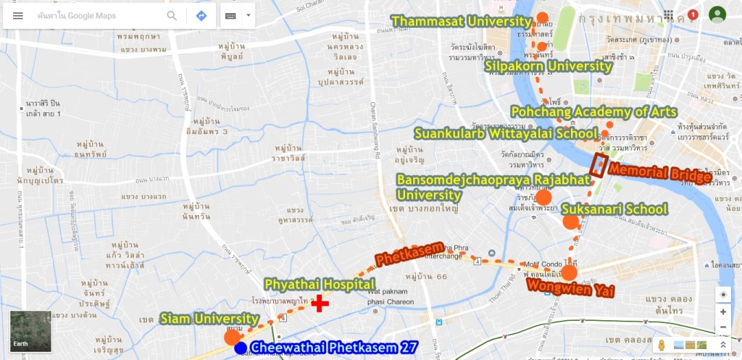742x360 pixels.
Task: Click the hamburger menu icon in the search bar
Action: (x=18, y=16)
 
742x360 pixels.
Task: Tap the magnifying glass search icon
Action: (x=172, y=16)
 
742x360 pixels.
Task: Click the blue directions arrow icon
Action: (x=201, y=16)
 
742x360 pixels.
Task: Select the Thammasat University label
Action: (x=462, y=21)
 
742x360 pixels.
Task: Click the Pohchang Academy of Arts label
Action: (x=593, y=112)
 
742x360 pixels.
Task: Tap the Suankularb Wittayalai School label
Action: (x=506, y=133)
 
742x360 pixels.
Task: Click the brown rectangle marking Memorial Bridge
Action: (x=599, y=165)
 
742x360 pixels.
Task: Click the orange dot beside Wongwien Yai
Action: (x=570, y=272)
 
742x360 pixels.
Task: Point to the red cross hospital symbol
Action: (x=319, y=304)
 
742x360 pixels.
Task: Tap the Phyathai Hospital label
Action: (x=319, y=285)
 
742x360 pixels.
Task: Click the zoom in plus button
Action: (x=722, y=311)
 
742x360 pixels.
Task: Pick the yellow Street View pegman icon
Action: (x=662, y=345)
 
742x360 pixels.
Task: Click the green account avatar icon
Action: (x=717, y=14)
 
